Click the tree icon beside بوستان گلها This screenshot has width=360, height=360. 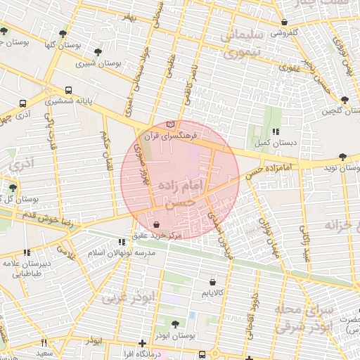click(x=63, y=33)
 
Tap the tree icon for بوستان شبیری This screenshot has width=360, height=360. click(x=98, y=51)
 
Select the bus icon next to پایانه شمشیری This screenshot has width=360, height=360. click(x=69, y=90)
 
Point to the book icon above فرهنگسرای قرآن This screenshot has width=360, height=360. click(x=170, y=124)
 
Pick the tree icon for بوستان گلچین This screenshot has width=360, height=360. click(x=344, y=100)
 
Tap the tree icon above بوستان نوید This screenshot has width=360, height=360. click(x=342, y=157)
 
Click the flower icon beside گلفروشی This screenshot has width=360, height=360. click(x=266, y=32)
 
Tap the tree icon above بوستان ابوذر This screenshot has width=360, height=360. click(x=174, y=324)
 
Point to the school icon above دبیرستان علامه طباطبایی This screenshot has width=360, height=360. click(x=27, y=252)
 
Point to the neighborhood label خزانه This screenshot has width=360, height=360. click(x=342, y=225)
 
